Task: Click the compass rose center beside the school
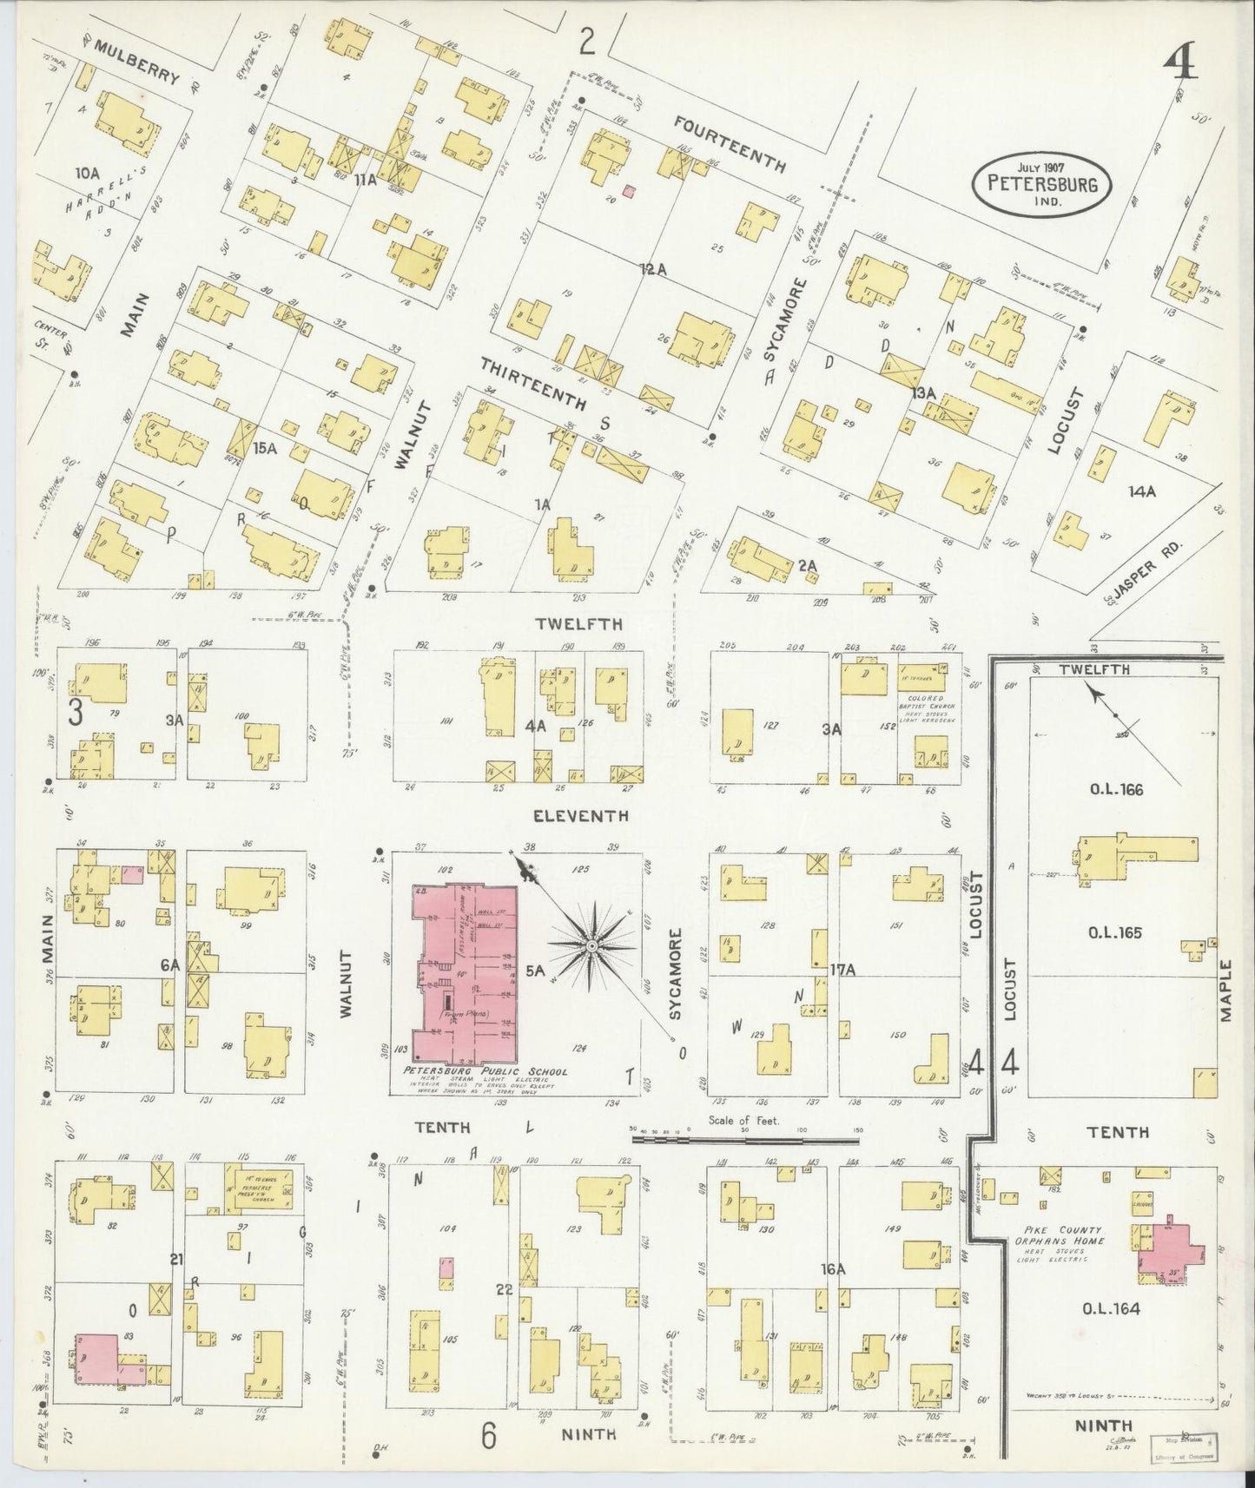coord(591,945)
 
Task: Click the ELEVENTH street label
coord(580,816)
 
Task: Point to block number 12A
coord(653,270)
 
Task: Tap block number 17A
coord(843,968)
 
